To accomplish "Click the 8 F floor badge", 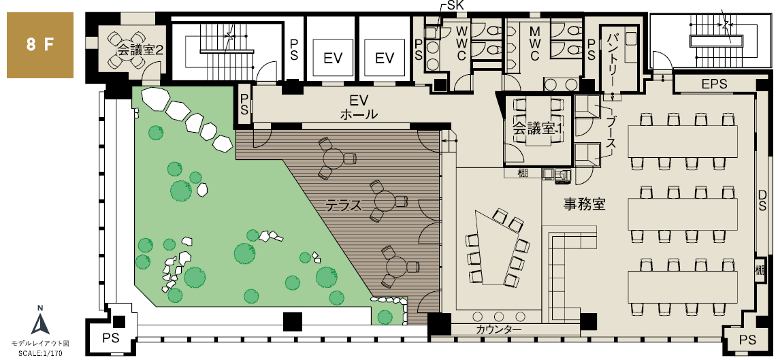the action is click(x=39, y=45).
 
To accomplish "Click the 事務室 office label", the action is click(x=585, y=203).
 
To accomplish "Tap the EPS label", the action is click(x=715, y=84).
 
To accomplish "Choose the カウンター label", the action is click(x=499, y=330).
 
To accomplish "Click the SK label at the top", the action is click(x=456, y=5).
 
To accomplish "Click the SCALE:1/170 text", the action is click(x=40, y=354).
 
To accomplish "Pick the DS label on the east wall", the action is click(x=762, y=199).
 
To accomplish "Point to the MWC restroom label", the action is click(x=534, y=44).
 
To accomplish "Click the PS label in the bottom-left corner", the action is click(x=110, y=338).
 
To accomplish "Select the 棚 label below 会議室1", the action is click(x=523, y=173).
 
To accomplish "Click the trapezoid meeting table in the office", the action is click(x=497, y=248).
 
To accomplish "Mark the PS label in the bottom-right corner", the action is click(x=747, y=340).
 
